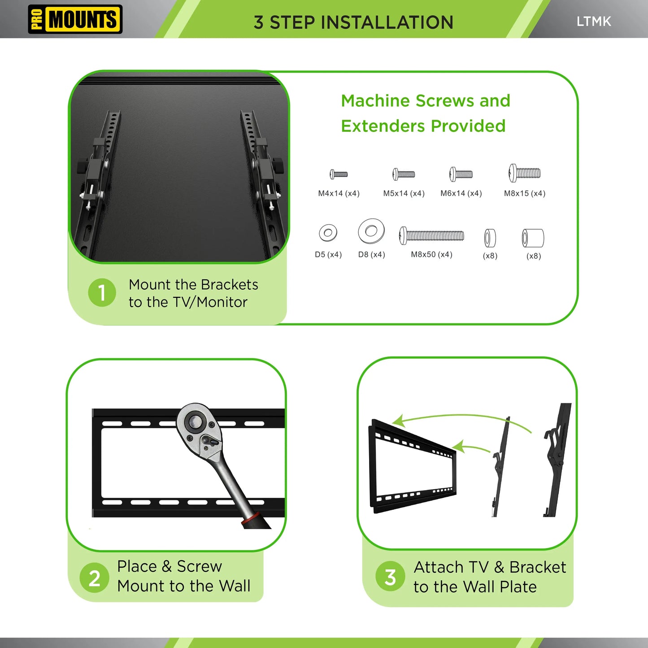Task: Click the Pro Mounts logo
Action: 75,19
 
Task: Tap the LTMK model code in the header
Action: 593,22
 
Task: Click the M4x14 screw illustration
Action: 339,174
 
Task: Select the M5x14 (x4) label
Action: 404,193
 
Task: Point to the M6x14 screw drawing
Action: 461,174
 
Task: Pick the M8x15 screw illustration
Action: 524,173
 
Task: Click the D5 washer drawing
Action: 328,233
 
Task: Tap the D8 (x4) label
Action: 371,254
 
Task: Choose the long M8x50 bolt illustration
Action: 431,235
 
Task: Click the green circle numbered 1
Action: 102,293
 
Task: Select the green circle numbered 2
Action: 94,578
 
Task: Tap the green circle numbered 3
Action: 390,577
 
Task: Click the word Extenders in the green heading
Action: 383,126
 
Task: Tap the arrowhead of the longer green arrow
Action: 397,422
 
